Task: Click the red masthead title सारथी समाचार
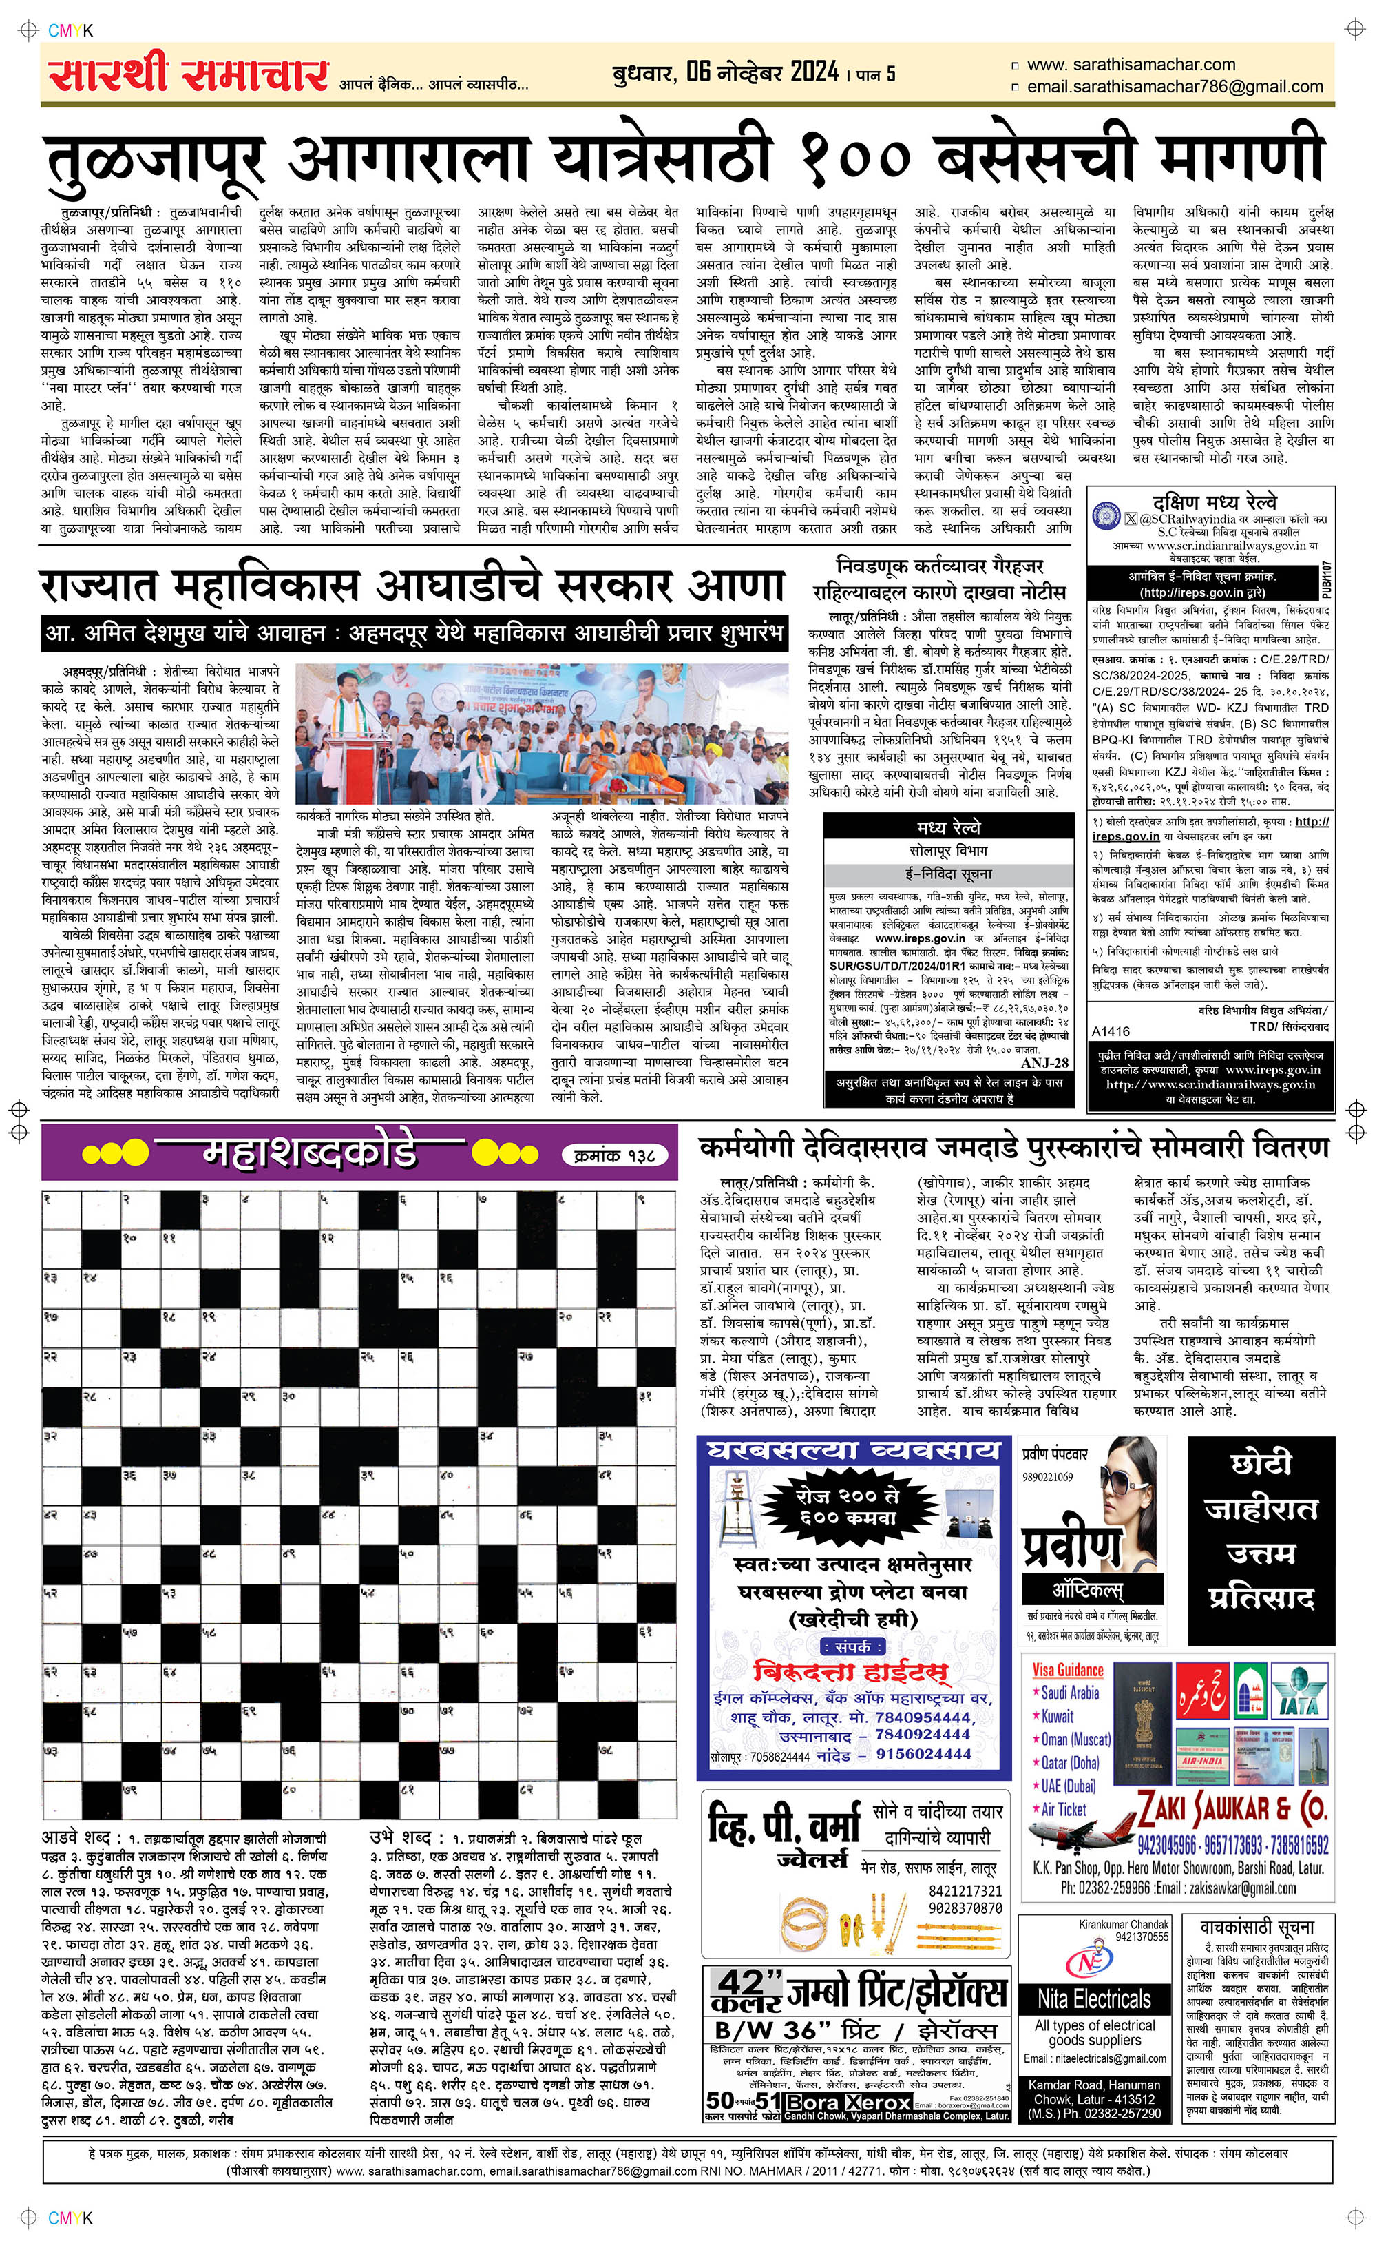click(189, 74)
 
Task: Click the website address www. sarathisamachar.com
click(1131, 65)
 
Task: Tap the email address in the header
click(1174, 87)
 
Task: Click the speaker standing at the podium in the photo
click(347, 719)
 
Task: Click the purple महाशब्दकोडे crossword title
click(310, 1153)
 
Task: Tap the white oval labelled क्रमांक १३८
click(615, 1155)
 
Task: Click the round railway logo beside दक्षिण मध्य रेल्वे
click(1106, 515)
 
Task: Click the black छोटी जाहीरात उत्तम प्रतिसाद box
click(1261, 1540)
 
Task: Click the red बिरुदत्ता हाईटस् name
click(852, 1672)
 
